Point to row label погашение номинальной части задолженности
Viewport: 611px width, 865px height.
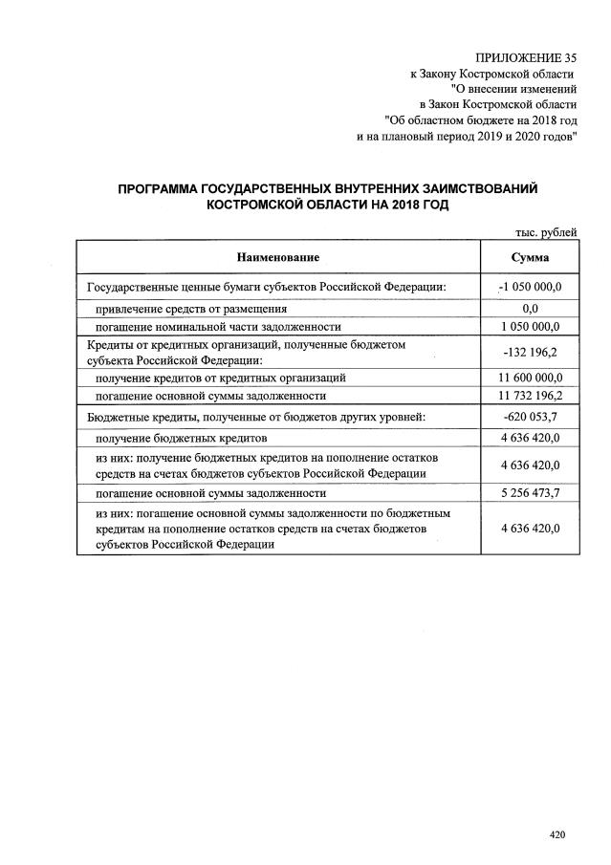point(217,326)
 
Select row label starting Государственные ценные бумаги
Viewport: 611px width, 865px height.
point(267,287)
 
